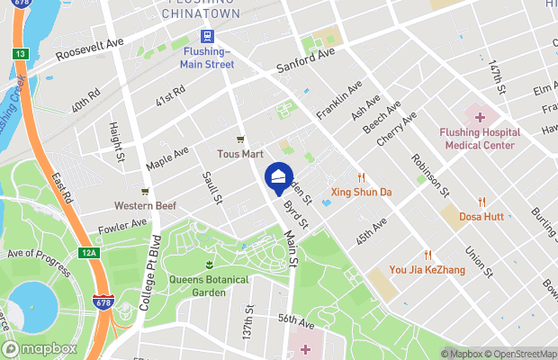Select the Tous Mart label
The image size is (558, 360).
pyautogui.click(x=239, y=154)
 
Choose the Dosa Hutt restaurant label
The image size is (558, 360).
pyautogui.click(x=481, y=217)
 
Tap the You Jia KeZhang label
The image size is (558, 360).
pyautogui.click(x=427, y=268)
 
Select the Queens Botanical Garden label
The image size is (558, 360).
pyautogui.click(x=209, y=285)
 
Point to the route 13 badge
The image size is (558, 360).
pyautogui.click(x=20, y=55)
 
